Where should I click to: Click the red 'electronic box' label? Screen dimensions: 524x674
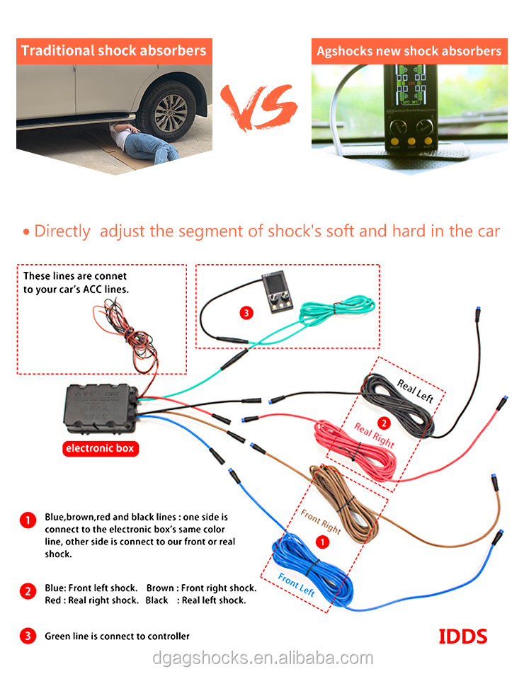click(101, 448)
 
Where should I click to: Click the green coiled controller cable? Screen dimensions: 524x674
click(338, 310)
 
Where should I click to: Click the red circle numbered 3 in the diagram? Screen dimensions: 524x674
click(246, 313)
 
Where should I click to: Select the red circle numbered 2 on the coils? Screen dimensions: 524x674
click(384, 423)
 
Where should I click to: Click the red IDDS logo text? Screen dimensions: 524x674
click(463, 636)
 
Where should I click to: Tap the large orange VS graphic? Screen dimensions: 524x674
click(258, 108)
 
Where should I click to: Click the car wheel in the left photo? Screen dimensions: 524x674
click(169, 111)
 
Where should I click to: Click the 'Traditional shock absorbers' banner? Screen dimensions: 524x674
click(114, 51)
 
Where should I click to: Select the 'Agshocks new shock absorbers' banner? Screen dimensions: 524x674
click(409, 51)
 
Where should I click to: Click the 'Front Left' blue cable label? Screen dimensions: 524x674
click(296, 585)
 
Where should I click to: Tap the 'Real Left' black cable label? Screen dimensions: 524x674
click(415, 391)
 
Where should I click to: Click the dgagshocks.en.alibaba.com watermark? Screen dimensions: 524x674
click(263, 658)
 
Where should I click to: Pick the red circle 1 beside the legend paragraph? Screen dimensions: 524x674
click(28, 520)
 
